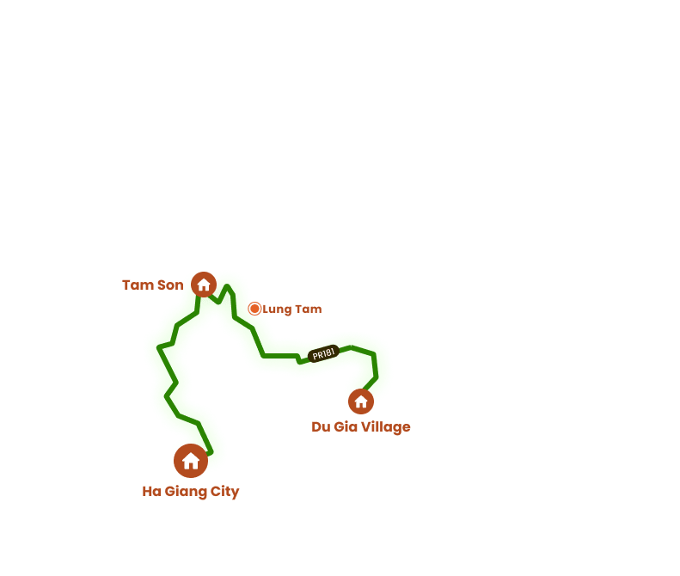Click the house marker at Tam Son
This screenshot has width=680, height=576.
point(204,285)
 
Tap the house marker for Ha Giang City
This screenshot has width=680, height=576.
point(191,461)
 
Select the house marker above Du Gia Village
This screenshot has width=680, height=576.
point(361,401)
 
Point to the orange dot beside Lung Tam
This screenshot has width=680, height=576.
point(254,309)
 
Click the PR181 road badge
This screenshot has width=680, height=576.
point(323,353)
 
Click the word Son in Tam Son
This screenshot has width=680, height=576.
point(169,285)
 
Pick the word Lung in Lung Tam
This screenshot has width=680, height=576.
point(277,309)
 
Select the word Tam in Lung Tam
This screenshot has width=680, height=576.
point(308,309)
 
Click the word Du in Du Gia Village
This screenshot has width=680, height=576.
point(321,426)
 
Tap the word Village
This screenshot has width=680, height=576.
point(385,426)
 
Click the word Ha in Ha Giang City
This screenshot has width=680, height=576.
point(151,492)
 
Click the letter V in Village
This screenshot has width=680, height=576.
point(365,426)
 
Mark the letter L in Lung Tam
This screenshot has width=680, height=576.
point(266,309)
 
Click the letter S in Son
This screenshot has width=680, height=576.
point(160,285)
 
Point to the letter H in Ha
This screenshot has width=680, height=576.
point(147,492)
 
